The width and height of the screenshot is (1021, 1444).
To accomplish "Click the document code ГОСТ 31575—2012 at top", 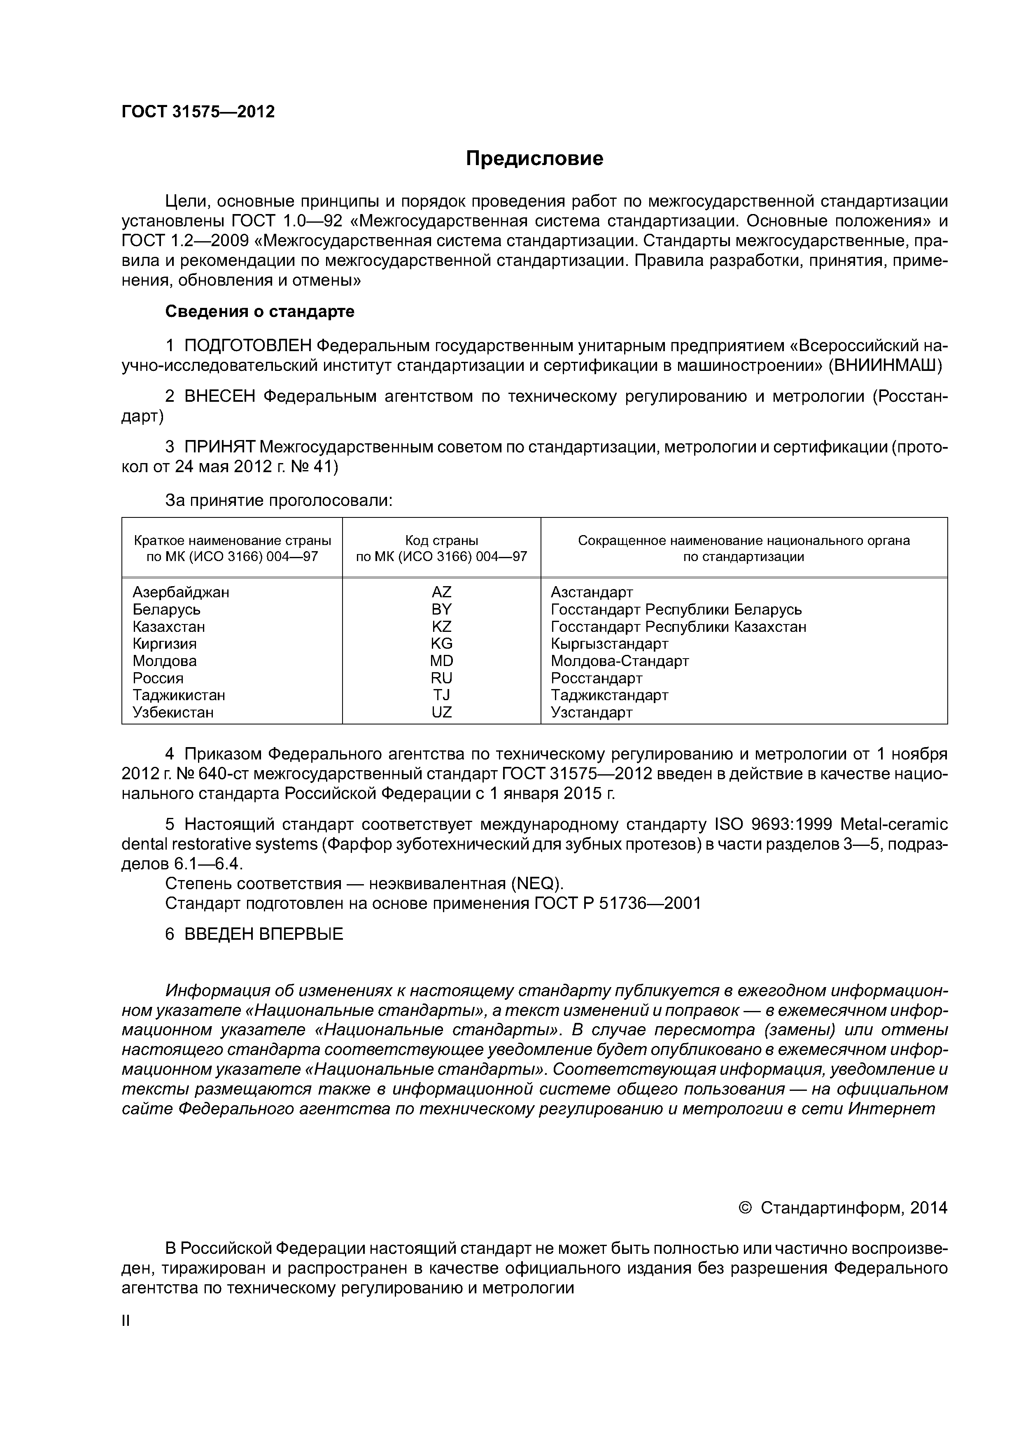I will (198, 112).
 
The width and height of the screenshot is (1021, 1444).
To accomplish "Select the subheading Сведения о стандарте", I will (259, 311).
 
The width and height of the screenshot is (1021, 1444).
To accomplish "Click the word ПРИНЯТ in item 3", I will (219, 447).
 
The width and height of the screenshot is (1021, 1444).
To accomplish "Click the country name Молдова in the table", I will (164, 661).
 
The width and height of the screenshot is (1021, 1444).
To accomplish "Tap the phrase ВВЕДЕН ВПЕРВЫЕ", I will (263, 934).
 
